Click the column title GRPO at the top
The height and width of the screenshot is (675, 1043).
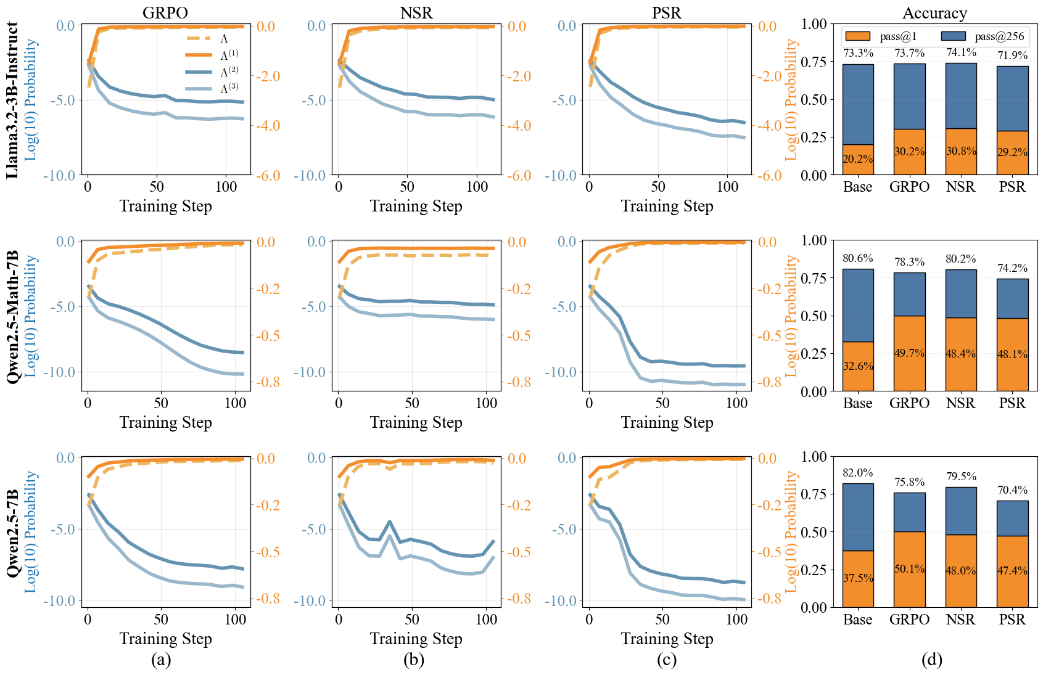coord(165,13)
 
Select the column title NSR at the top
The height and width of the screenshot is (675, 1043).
coord(416,13)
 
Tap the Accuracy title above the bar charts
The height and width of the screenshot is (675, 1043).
coord(934,13)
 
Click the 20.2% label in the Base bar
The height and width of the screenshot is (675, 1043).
coord(858,159)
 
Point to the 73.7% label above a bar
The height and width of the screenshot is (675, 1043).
coord(909,54)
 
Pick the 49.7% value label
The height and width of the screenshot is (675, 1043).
coord(909,353)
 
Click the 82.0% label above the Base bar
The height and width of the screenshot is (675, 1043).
coord(858,473)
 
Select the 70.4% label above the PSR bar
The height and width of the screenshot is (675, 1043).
coord(1012,490)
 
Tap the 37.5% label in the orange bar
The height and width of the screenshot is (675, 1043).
coord(858,578)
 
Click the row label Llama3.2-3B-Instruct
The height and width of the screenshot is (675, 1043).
coord(12,100)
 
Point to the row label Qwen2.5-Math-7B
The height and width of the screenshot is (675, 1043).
coord(12,316)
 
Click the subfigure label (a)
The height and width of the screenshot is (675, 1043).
coord(161,660)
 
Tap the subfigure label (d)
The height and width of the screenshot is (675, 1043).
coord(931,660)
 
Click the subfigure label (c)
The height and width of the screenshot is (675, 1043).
coord(667,660)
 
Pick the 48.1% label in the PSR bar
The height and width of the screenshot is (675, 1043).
coord(1012,354)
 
